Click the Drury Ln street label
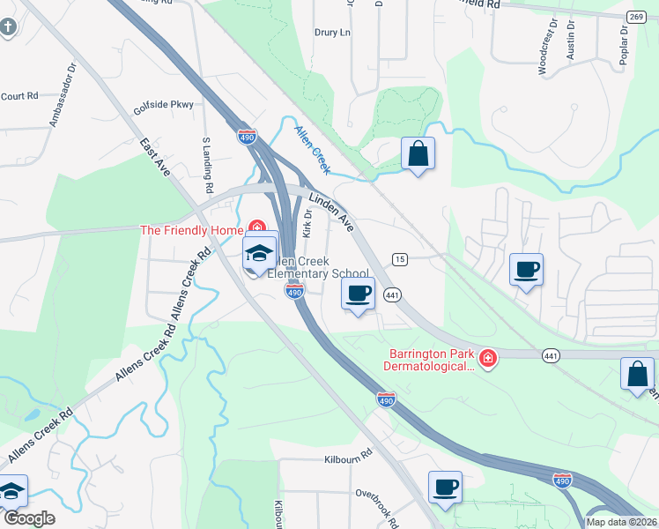332,32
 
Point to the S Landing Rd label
208,165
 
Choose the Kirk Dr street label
307,223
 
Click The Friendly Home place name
191,230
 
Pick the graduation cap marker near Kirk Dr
260,253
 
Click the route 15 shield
400,258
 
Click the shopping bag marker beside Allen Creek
418,154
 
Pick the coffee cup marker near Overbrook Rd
445,487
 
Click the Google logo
30,518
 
